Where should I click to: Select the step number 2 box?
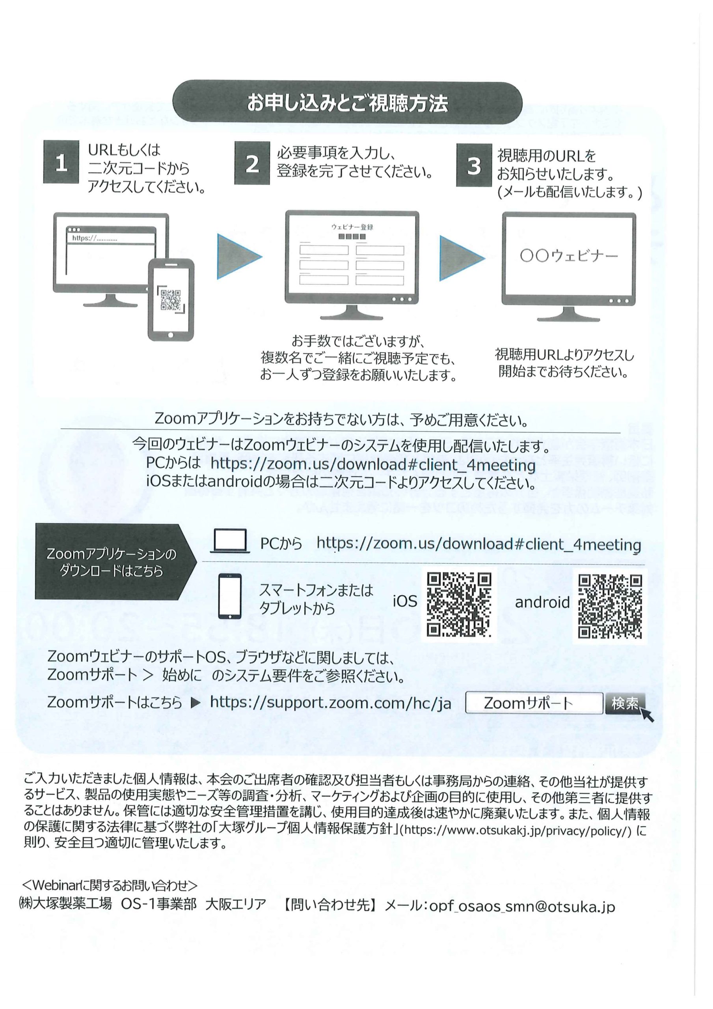click(x=252, y=163)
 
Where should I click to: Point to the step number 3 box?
click(x=473, y=165)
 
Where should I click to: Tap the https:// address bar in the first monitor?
click(x=111, y=238)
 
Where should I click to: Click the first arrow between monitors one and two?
click(x=238, y=256)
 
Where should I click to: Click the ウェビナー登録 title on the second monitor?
click(x=352, y=227)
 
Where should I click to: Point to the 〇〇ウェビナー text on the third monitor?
click(x=569, y=256)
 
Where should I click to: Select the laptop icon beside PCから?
click(x=230, y=541)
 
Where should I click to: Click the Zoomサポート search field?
click(x=533, y=704)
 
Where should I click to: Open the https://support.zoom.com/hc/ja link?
click(x=331, y=703)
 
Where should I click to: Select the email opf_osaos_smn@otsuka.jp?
click(x=522, y=906)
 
